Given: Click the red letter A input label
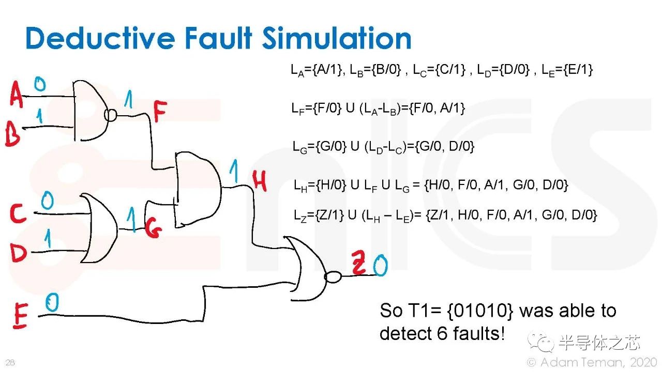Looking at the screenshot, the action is [x=16, y=94].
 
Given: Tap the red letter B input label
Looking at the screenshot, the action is [x=13, y=134].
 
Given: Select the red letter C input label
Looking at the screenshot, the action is [x=18, y=213].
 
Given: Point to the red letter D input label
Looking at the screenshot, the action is [x=18, y=253].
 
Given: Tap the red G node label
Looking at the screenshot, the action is [x=154, y=228].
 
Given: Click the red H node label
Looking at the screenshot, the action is [x=260, y=181].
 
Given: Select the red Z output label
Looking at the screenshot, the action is [x=359, y=262].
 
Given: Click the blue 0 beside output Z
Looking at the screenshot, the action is [x=380, y=265].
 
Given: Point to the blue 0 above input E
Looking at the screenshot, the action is [x=52, y=302].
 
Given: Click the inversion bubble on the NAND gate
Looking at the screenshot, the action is [x=111, y=115].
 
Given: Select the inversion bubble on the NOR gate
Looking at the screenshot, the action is [x=333, y=277].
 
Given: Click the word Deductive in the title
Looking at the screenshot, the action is [x=100, y=38].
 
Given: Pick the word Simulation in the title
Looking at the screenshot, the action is [x=337, y=38].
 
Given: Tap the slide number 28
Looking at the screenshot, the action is [x=10, y=362].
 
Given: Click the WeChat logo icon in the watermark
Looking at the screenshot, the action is [x=540, y=342].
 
